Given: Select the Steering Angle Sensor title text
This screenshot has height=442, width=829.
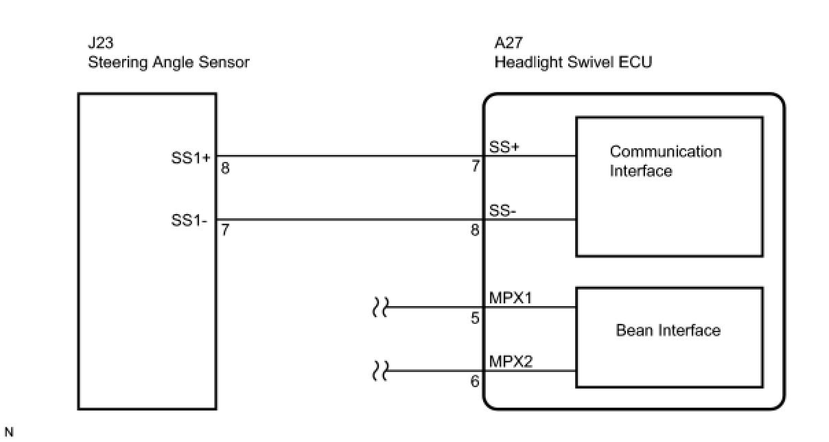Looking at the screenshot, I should pos(168,62).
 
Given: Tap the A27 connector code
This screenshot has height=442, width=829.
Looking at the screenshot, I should pos(509,43).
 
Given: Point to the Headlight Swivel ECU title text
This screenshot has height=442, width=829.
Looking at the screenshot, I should pos(573,62).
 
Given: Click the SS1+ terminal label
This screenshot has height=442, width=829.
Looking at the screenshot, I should pos(191,157).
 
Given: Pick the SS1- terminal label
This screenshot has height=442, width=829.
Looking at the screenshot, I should pos(189,222).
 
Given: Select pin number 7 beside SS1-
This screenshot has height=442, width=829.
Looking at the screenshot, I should pos(225,231).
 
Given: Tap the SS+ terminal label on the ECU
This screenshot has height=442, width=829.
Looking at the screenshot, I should pos(504,147).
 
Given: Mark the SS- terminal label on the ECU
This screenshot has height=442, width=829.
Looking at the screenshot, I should pos(503,211).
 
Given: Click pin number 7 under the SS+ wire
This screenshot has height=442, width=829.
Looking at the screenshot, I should pos(475,167).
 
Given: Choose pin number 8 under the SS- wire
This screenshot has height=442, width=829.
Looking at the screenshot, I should pos(475,231).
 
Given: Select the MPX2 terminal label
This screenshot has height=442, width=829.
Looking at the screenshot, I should pos(511,361).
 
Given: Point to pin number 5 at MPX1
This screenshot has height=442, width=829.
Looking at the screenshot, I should pos(475,318).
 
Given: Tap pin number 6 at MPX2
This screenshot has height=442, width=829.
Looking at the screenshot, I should pos(475,382).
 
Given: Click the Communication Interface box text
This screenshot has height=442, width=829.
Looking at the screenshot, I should pos(665,161).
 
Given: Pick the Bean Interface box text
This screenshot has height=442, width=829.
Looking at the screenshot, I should pos(668,330).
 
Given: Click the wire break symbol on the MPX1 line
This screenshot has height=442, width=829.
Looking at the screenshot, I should pos(379,307).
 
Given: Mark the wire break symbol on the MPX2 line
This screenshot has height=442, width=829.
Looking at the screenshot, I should pos(379,371).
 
